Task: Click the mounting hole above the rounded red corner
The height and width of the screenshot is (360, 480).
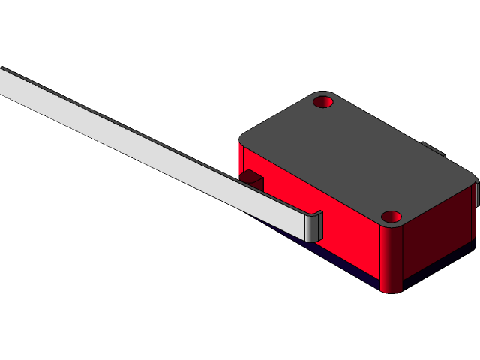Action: pos(391,217)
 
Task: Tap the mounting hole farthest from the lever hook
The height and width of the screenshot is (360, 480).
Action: pos(323,101)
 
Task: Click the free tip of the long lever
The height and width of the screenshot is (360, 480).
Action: pos(4,81)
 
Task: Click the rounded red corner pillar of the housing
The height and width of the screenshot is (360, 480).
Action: pos(391,259)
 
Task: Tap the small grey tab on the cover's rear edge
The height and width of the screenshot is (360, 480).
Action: pos(430,148)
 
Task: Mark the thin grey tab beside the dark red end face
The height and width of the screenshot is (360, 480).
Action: pos(476,195)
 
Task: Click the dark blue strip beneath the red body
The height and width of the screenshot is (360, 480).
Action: pos(337,264)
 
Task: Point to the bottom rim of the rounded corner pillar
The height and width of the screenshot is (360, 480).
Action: pos(391,289)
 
